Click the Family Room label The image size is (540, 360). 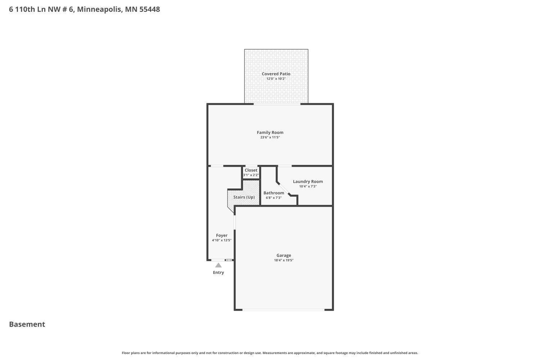[x=270, y=132]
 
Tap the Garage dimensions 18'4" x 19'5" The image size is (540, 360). [x=284, y=260]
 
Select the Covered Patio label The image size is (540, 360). [x=276, y=74]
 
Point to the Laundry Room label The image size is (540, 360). [x=308, y=181]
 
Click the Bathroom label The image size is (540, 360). [x=274, y=193]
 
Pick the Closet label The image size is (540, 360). [x=251, y=170]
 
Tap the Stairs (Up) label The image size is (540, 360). [x=244, y=197]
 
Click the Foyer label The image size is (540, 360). [x=222, y=235]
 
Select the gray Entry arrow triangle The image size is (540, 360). [x=219, y=265]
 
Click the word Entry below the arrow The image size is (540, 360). [x=219, y=273]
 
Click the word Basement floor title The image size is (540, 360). [x=27, y=324]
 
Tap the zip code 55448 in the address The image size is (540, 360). [x=149, y=9]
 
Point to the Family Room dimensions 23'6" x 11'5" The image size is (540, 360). [x=270, y=138]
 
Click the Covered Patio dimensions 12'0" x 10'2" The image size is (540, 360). [x=276, y=79]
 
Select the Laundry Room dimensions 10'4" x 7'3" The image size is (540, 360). [x=308, y=186]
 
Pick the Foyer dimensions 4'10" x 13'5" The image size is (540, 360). [x=222, y=240]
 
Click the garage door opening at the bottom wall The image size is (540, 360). [x=283, y=310]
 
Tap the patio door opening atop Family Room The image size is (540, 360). [x=277, y=104]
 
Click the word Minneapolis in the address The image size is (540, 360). [x=99, y=9]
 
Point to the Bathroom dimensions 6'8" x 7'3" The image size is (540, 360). [x=274, y=198]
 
